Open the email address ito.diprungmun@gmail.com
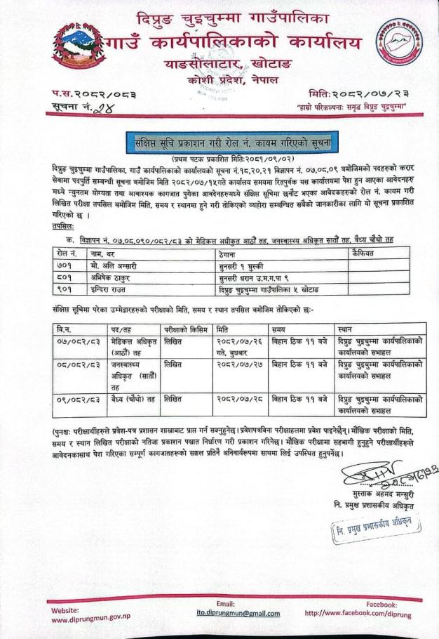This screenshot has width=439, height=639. (225, 613)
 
